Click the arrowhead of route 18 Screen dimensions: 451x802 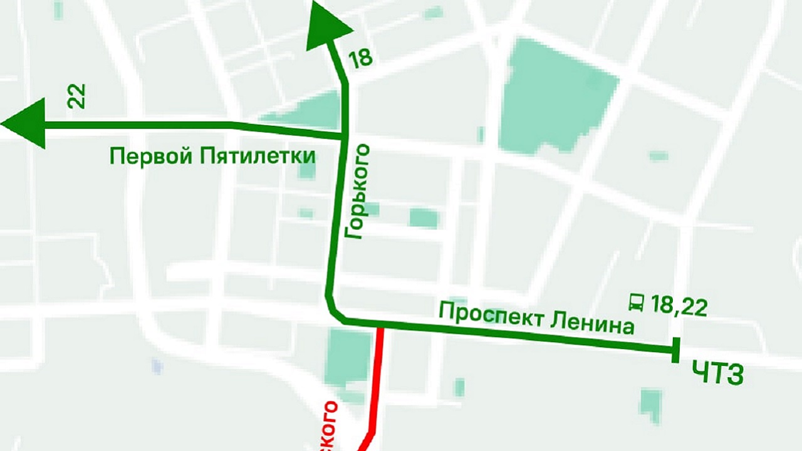click(x=327, y=28)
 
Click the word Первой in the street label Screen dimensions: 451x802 click(x=150, y=155)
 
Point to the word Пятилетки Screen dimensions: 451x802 click(x=258, y=155)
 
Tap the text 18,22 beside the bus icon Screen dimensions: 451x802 click(x=679, y=307)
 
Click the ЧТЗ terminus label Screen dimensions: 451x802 click(x=718, y=374)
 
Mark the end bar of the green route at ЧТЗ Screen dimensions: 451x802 click(x=676, y=350)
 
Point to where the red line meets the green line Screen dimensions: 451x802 click(x=380, y=326)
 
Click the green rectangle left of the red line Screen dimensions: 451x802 click(x=348, y=358)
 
